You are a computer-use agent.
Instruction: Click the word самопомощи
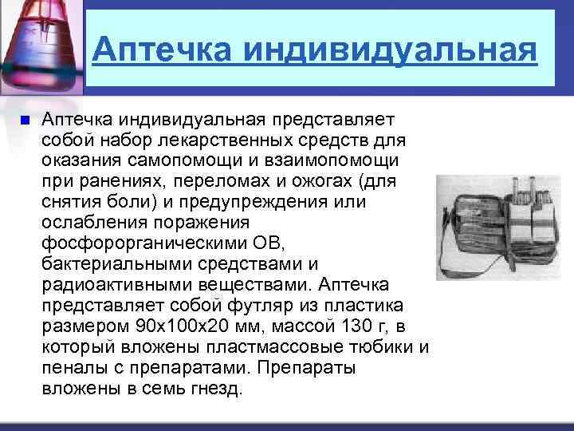pyautogui.click(x=159, y=161)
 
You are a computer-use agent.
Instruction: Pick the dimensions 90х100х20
pyautogui.click(x=177, y=326)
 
